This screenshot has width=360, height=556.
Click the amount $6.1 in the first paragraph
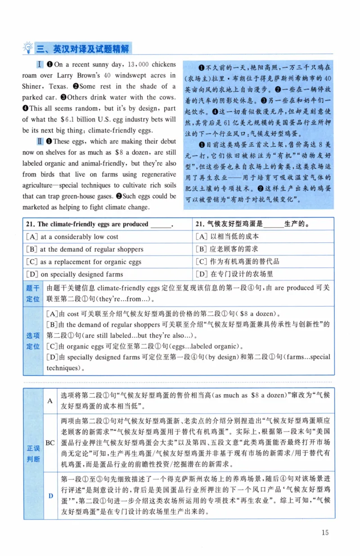pos(68,119)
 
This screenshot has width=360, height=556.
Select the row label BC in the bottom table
pos(50,443)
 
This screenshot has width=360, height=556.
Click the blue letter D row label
pos(50,495)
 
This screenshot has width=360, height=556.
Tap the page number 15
pos(325,533)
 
